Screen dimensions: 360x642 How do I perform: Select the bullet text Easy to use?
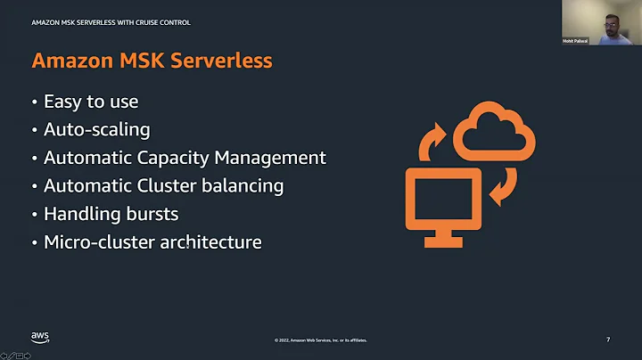click(91, 102)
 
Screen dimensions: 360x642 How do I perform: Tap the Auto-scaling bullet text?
click(96, 129)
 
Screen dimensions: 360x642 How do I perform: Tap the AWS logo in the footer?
click(40, 337)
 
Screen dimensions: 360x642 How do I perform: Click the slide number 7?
click(608, 339)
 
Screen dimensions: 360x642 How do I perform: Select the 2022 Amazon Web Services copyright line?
click(320, 340)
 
